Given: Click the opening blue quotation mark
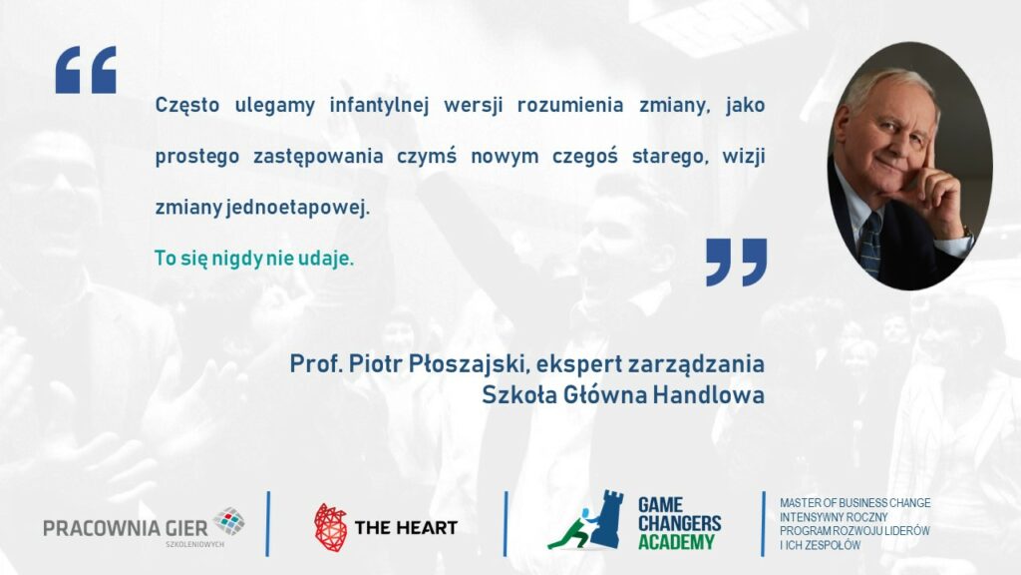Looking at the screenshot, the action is coord(86,70).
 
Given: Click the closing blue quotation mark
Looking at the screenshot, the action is coord(737,263).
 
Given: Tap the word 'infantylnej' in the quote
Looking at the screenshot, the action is coord(379,105).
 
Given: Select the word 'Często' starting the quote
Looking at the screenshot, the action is coord(186,106).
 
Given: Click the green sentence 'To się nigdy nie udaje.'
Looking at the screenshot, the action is coord(254,259).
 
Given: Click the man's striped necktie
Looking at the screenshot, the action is coord(870,244).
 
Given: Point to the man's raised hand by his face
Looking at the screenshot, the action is coord(934,195).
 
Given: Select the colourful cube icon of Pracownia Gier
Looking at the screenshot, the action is coord(228,521).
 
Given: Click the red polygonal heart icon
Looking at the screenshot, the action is coord(331,527).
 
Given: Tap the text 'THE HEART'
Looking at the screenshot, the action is coord(406,527).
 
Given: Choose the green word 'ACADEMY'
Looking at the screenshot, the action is coord(676,542).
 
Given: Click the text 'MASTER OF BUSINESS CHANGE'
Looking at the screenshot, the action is coord(854,503).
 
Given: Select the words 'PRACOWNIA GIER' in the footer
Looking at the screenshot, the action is coord(126,528).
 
